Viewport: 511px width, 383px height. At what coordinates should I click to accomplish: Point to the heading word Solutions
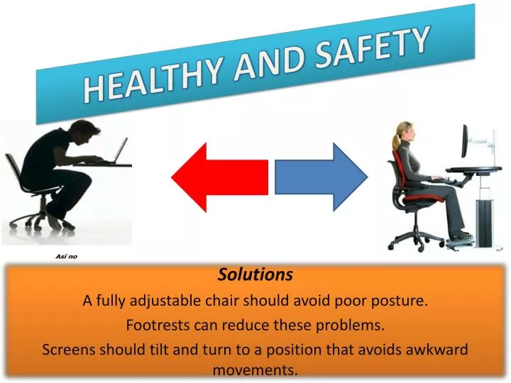[255, 274]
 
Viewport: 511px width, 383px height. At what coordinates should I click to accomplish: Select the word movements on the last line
[255, 370]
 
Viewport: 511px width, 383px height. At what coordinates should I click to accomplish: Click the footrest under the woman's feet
[461, 240]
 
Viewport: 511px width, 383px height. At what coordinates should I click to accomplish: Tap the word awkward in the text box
[441, 349]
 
